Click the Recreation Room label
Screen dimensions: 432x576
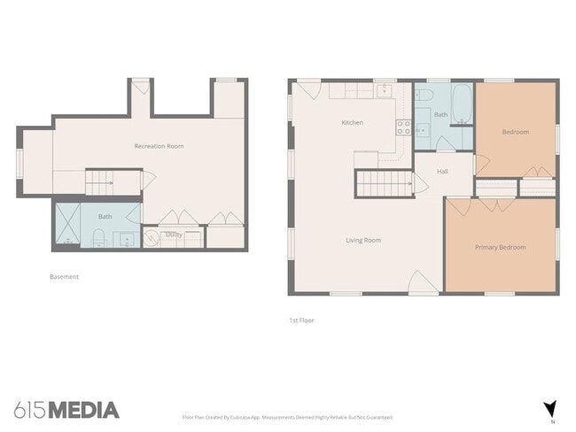(x=159, y=146)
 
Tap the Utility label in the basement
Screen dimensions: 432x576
(x=174, y=235)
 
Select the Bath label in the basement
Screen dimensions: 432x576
(x=105, y=217)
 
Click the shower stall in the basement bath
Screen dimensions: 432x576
(x=68, y=225)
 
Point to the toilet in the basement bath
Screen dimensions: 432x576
(x=98, y=236)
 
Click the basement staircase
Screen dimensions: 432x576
(x=113, y=183)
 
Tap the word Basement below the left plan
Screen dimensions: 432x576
(x=64, y=277)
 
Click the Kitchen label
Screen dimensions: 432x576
(x=352, y=122)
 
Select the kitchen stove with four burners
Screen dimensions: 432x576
(x=402, y=126)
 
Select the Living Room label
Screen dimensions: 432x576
(x=362, y=240)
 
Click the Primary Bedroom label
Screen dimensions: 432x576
(x=500, y=248)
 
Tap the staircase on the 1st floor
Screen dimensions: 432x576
(x=384, y=184)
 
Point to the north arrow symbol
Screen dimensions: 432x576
(x=549, y=408)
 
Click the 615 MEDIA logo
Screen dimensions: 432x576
(x=66, y=409)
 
